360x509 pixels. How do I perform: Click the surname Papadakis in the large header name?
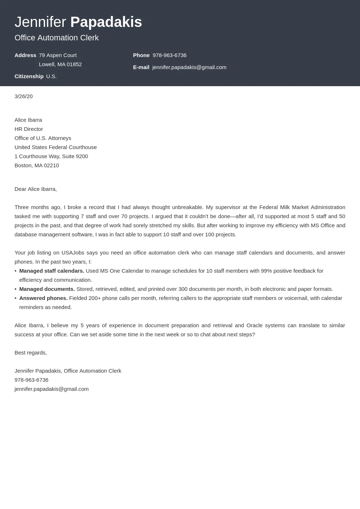[106, 22]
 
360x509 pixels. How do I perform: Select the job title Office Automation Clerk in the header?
[57, 38]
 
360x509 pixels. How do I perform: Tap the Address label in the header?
[25, 55]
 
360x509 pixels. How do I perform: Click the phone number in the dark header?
[169, 55]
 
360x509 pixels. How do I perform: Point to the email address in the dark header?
[189, 67]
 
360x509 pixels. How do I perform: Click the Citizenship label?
[29, 76]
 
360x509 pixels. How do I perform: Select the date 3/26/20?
[24, 96]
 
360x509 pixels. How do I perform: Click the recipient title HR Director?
[29, 129]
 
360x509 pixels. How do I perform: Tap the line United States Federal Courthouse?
[56, 147]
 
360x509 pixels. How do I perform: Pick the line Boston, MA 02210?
[37, 165]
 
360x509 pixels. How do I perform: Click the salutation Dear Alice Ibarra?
[36, 189]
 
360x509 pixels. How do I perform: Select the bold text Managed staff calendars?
[52, 271]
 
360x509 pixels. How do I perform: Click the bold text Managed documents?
[47, 289]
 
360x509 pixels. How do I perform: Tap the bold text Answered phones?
[43, 298]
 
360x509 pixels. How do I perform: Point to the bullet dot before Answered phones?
[16, 298]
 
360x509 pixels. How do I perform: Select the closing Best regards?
[31, 353]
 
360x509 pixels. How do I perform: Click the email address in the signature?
[52, 389]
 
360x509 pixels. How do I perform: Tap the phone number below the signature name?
[31, 380]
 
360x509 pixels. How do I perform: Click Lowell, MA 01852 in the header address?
[60, 64]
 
